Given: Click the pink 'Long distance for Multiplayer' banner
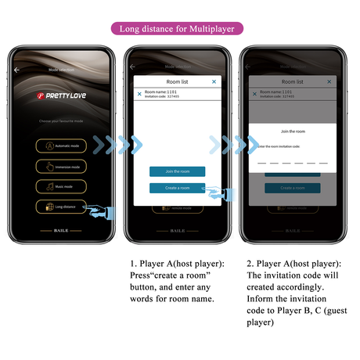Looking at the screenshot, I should [x=180, y=29].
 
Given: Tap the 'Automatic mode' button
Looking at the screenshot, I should [x=61, y=146].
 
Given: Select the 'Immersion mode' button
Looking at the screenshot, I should [x=61, y=167].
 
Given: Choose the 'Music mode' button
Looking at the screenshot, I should [x=61, y=186].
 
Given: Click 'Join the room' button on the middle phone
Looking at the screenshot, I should [x=177, y=171].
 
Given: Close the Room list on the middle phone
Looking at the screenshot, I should [x=214, y=81].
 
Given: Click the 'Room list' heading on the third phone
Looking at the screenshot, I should [x=291, y=81].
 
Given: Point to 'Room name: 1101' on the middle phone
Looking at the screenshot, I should [x=162, y=92].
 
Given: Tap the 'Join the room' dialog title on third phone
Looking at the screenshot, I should [x=291, y=131].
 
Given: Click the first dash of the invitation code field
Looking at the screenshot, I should [x=261, y=162].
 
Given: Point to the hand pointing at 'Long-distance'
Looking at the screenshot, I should [x=98, y=210].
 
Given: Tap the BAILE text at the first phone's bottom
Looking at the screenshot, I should [x=62, y=232].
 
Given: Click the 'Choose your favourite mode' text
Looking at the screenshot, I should [x=61, y=122].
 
